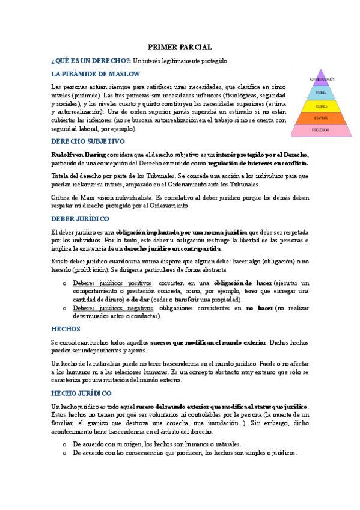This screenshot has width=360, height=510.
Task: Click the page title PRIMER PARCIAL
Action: (180, 47)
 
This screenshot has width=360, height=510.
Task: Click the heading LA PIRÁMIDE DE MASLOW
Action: (96, 74)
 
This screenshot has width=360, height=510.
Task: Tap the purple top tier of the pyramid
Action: (322, 79)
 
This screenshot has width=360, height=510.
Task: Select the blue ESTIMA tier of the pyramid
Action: (322, 93)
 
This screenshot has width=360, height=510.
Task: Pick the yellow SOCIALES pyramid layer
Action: (322, 105)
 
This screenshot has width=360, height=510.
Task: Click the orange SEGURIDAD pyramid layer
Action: (322, 117)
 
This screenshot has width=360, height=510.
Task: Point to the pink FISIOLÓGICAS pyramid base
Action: (322, 130)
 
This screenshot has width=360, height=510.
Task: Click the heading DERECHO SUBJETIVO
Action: (88, 141)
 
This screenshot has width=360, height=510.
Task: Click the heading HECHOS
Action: (66, 329)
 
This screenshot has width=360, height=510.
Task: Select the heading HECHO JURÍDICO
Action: (81, 393)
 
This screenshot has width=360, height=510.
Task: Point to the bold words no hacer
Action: (259, 309)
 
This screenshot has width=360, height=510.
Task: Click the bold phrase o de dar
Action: (139, 300)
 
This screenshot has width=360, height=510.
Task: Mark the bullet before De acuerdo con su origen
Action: (64, 444)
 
